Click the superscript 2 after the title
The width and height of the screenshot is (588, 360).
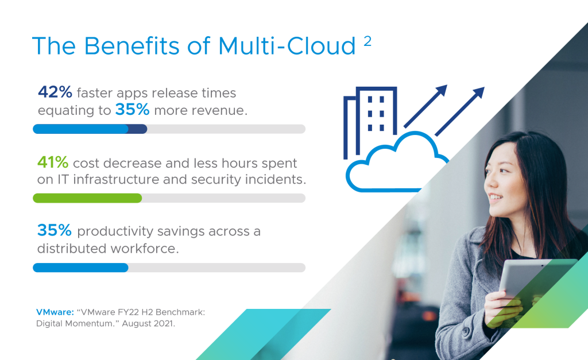coord(367,41)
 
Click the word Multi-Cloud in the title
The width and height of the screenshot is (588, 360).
coord(287,46)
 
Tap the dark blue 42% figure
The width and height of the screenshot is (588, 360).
coord(55,92)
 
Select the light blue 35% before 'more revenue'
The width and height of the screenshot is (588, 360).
coord(132,110)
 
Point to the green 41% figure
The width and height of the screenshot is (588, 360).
coord(53,162)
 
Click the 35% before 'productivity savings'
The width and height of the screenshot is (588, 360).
coord(55,230)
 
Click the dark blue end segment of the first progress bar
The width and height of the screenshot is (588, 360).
coord(138,129)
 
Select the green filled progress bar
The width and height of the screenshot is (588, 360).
coord(87,198)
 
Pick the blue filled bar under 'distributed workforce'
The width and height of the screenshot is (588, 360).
coord(80,268)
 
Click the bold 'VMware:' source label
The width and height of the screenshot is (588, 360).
coord(55,312)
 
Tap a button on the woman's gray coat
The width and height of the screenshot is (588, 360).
coord(466,331)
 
